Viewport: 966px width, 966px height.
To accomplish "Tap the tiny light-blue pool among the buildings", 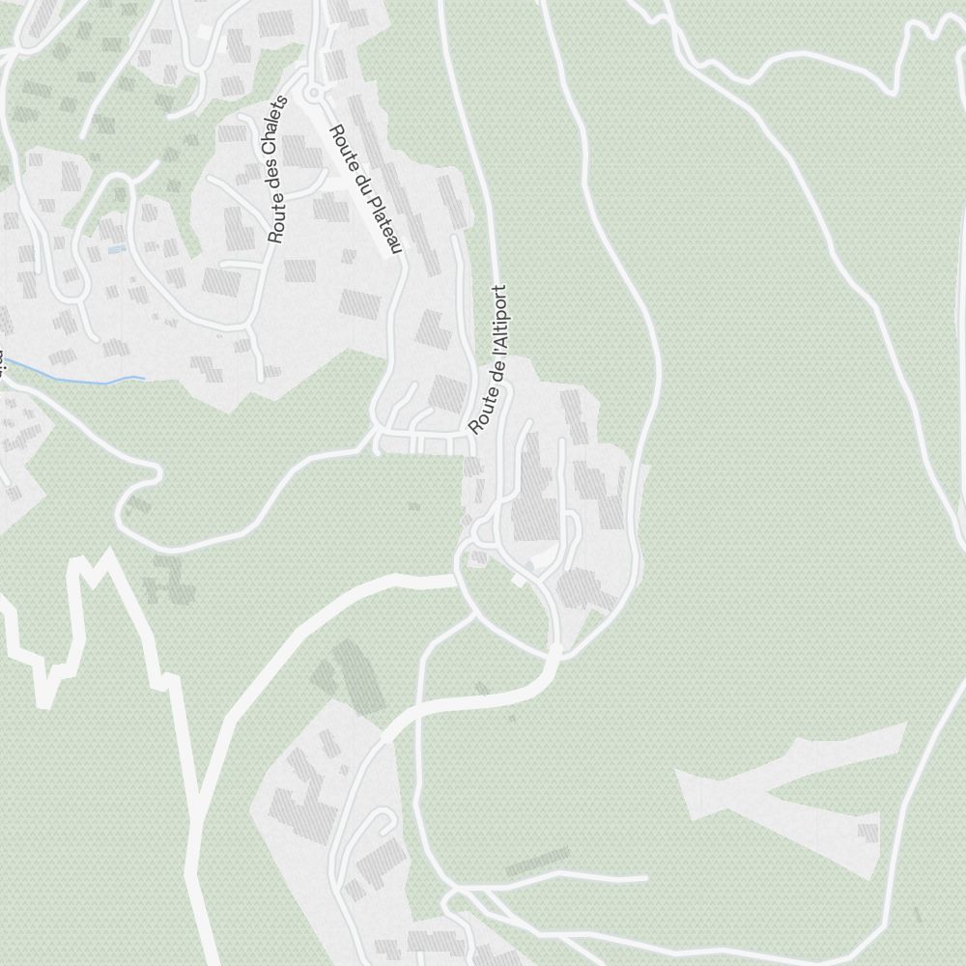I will pos(116,249).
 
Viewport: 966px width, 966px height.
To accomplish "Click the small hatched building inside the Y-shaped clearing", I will pos(867,831).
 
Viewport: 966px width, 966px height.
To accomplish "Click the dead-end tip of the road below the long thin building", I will pos(645,878).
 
